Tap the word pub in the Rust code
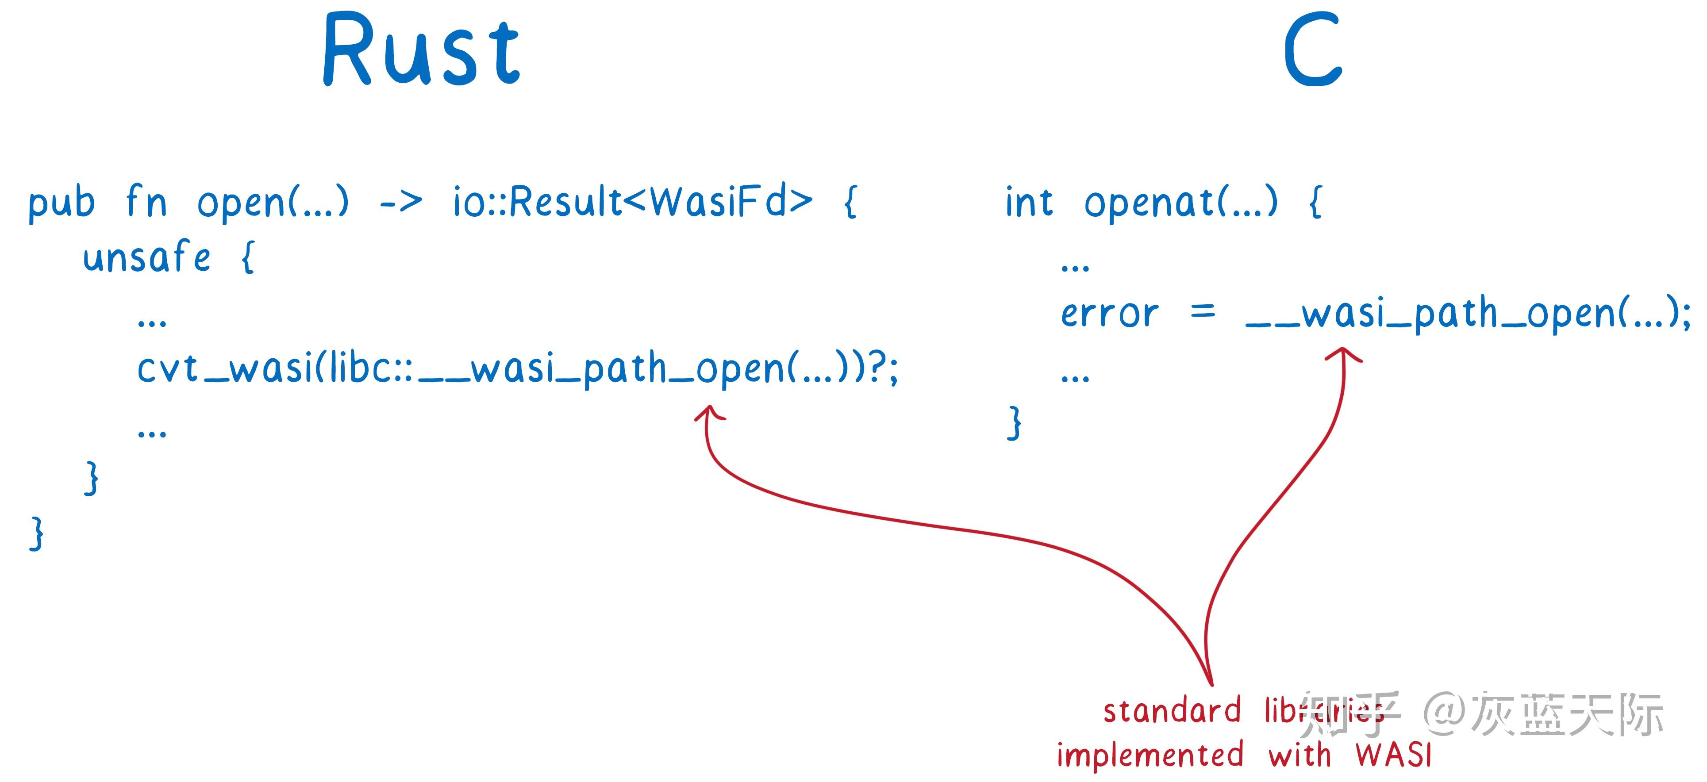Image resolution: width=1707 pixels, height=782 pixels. tap(62, 203)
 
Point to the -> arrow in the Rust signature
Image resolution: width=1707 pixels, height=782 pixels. tap(401, 203)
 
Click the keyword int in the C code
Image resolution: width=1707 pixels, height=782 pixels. tap(1028, 202)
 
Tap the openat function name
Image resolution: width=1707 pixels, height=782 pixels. tap(1150, 202)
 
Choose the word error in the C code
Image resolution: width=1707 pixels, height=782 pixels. tap(1109, 314)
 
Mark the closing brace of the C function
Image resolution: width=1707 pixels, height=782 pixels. tap(1014, 423)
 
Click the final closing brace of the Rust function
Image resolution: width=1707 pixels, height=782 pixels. tap(37, 533)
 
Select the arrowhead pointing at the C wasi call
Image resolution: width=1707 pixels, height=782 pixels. tap(1344, 354)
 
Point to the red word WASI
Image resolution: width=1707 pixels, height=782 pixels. tap(1393, 755)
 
